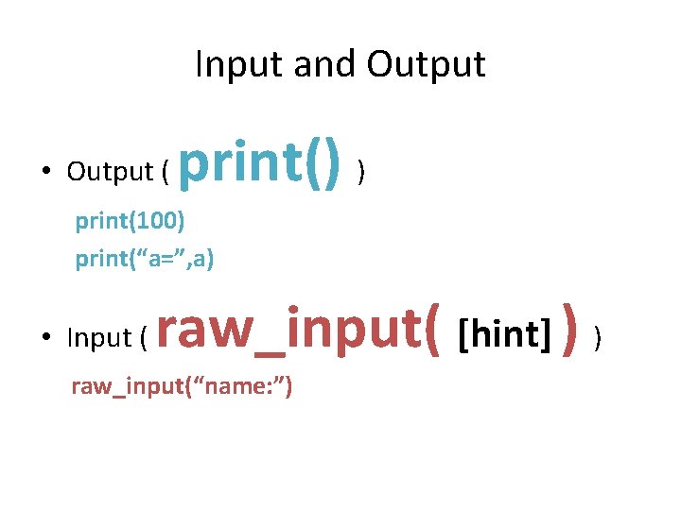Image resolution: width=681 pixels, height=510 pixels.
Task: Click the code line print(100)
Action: tap(131, 222)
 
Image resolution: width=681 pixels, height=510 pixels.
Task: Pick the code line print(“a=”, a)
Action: tap(145, 258)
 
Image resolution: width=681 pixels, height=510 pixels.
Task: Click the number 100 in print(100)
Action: tap(159, 222)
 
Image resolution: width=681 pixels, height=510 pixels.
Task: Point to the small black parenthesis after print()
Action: tap(362, 171)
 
